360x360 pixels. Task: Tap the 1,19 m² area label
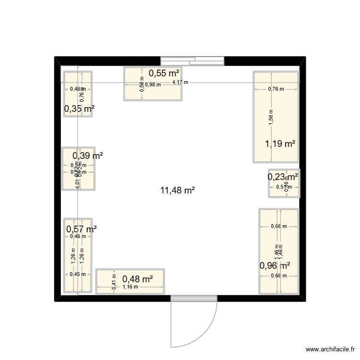(x=280, y=143)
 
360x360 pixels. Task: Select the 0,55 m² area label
(x=164, y=73)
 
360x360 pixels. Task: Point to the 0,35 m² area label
(x=79, y=109)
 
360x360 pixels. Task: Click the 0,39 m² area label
(x=88, y=156)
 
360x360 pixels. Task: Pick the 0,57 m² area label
(x=81, y=229)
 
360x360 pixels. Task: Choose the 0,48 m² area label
(x=138, y=279)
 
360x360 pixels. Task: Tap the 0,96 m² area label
(x=275, y=265)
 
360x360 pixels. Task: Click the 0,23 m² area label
(x=283, y=177)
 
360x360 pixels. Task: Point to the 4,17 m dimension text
(x=180, y=83)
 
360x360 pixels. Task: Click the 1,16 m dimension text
(x=130, y=287)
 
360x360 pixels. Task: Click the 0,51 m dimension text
(x=283, y=187)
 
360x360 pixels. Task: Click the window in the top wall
(x=192, y=60)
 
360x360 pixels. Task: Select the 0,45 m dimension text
(x=77, y=275)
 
